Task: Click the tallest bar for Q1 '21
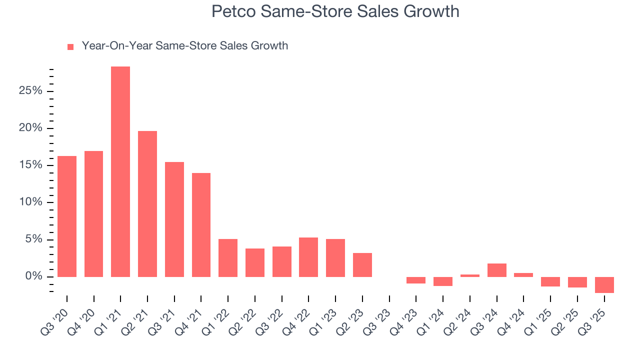[x=120, y=171]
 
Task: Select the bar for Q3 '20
[x=67, y=216]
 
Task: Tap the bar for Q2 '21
[x=147, y=204]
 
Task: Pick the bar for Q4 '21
[x=201, y=225]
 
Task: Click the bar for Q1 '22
[x=228, y=258]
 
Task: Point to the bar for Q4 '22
[x=308, y=257]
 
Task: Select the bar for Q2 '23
[x=362, y=265]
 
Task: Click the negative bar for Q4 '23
[x=416, y=280]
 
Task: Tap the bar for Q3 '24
[x=496, y=270]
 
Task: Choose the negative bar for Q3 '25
[x=604, y=284]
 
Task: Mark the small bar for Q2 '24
[x=470, y=275]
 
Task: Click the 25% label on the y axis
[x=31, y=91]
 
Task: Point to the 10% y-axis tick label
[x=31, y=202]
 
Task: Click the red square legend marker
[x=70, y=46]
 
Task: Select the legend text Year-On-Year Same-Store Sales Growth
[x=185, y=46]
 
